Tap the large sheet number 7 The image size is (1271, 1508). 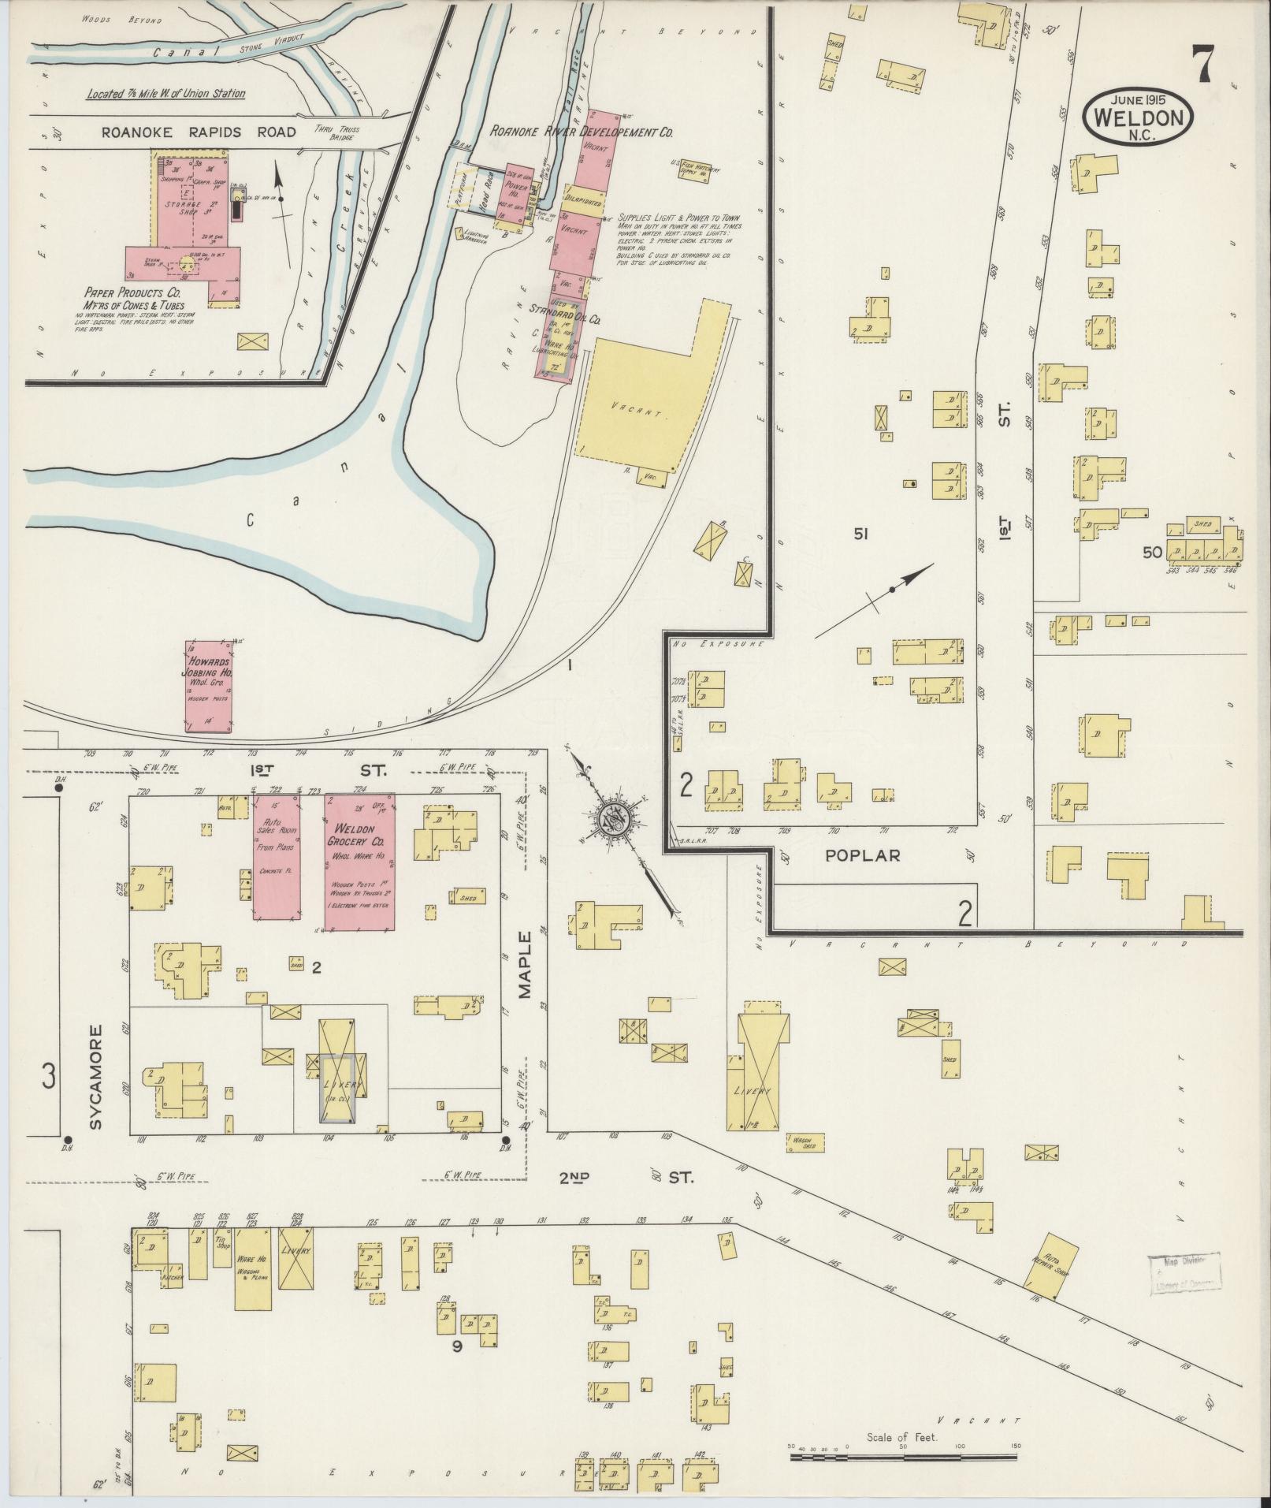(1201, 65)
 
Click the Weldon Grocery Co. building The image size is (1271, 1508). (360, 863)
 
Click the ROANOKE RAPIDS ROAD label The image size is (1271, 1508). (199, 132)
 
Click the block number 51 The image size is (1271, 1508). (860, 534)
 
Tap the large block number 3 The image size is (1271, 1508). (49, 1075)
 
